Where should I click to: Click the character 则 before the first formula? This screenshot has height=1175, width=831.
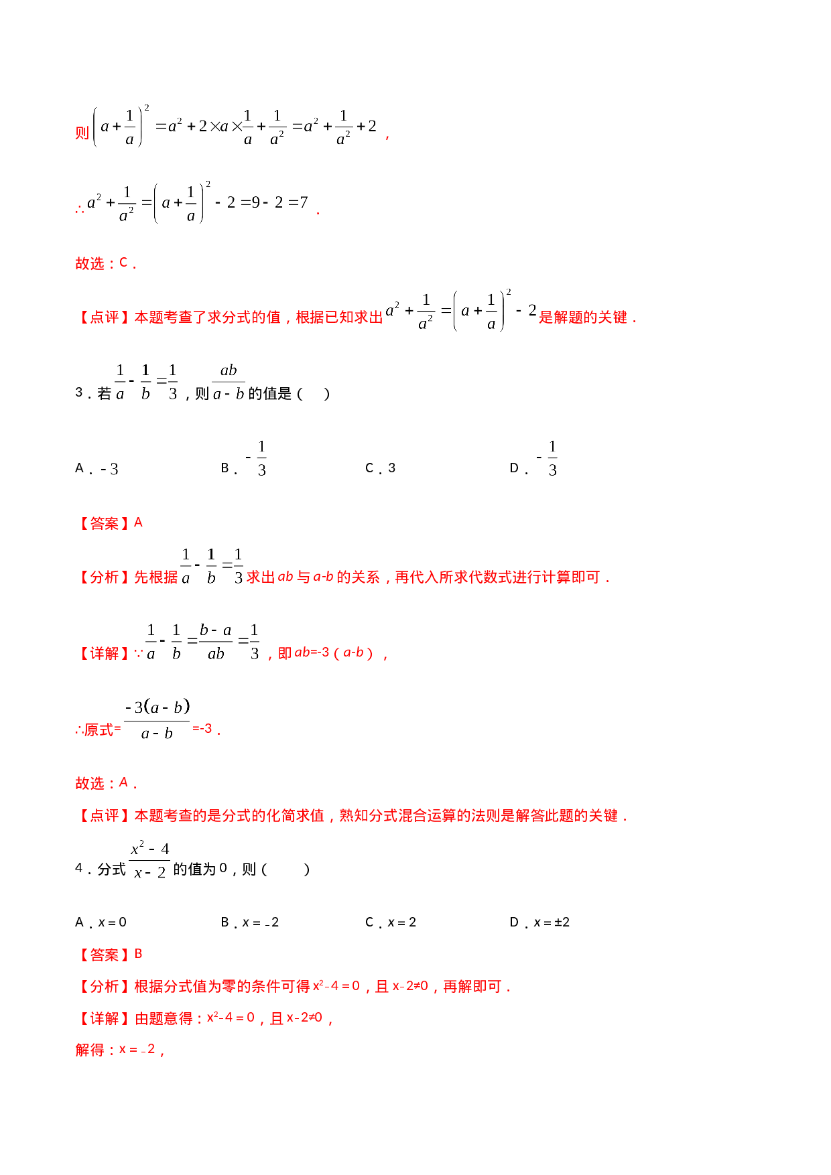tap(82, 133)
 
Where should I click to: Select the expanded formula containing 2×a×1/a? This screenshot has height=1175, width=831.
tap(235, 125)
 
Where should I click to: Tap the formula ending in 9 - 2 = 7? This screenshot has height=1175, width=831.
tap(198, 201)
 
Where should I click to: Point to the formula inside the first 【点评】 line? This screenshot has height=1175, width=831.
tap(460, 309)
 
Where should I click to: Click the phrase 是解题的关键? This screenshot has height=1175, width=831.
tap(584, 318)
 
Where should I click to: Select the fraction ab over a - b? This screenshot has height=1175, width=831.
tap(229, 381)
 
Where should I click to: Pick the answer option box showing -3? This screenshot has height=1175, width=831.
tap(109, 469)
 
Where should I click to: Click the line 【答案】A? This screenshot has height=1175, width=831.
tap(110, 523)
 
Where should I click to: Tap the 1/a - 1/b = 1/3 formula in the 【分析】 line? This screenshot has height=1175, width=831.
tap(212, 565)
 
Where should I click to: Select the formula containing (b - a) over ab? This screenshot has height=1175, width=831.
tap(202, 641)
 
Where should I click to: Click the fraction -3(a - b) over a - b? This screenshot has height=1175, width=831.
tap(156, 719)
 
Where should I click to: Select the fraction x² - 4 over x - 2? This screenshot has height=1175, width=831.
tap(149, 858)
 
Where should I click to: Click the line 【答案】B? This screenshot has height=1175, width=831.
tap(110, 954)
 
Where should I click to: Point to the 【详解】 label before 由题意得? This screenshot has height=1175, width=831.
tap(104, 1018)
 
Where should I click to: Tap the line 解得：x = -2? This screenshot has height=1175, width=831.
tap(118, 1049)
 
